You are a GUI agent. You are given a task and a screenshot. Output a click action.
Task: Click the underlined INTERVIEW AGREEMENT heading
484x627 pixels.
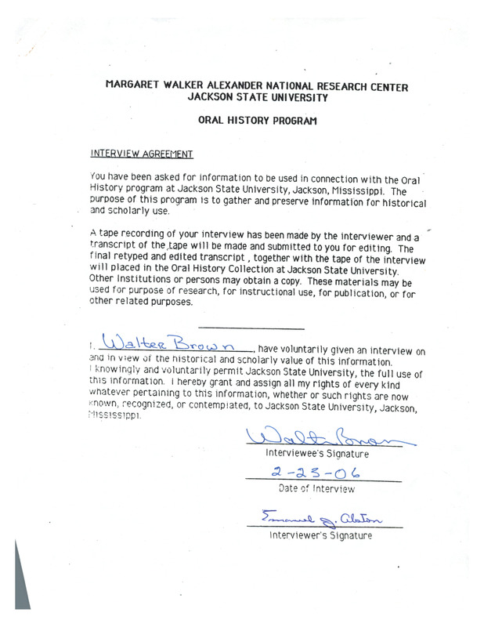[142, 153]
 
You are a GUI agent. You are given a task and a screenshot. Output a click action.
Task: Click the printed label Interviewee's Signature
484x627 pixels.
[317, 454]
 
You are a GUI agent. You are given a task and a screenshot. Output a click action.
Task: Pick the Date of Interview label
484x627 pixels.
[316, 489]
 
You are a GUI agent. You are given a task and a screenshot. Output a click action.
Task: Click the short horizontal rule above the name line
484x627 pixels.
[251, 327]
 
